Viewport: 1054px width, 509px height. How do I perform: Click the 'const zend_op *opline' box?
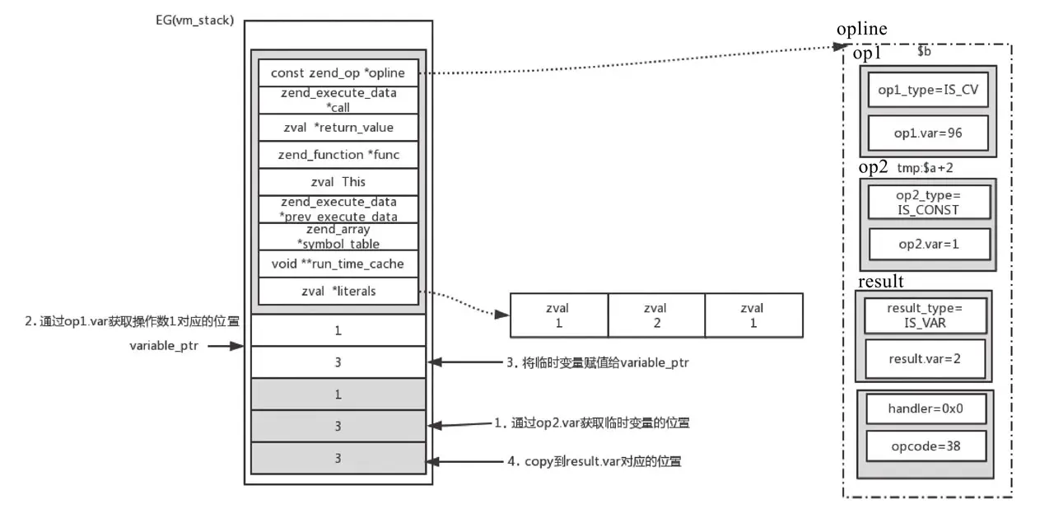338,72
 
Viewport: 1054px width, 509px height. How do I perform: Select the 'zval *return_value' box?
338,127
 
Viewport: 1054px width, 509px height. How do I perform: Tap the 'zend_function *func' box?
338,154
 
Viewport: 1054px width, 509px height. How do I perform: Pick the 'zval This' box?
338,181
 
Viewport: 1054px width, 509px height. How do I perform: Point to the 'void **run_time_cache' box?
338,264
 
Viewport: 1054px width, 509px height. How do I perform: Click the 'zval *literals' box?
338,291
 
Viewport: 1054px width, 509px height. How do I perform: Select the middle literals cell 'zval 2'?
656,315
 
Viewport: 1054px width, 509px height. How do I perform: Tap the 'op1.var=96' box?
927,133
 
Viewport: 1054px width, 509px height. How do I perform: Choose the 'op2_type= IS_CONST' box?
927,202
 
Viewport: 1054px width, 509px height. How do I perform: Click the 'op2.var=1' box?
927,245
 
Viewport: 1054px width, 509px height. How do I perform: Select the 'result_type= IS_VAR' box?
925,315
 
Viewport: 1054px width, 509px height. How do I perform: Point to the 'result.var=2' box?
925,359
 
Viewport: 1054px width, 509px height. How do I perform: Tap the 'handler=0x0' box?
926,409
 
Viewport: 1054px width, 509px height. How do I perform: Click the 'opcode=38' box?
926,446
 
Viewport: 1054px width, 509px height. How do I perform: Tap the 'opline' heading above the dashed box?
861,30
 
